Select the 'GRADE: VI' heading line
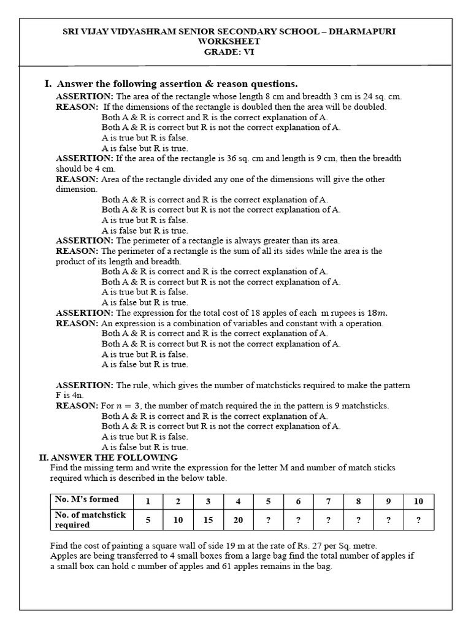(x=229, y=52)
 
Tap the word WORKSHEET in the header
(x=229, y=42)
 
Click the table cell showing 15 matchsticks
(x=208, y=520)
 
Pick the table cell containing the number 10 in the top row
(x=418, y=501)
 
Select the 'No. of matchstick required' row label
(x=90, y=520)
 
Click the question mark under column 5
(x=268, y=520)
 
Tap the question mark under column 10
(x=418, y=520)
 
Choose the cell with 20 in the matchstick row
(x=238, y=520)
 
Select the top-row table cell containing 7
(x=328, y=501)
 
